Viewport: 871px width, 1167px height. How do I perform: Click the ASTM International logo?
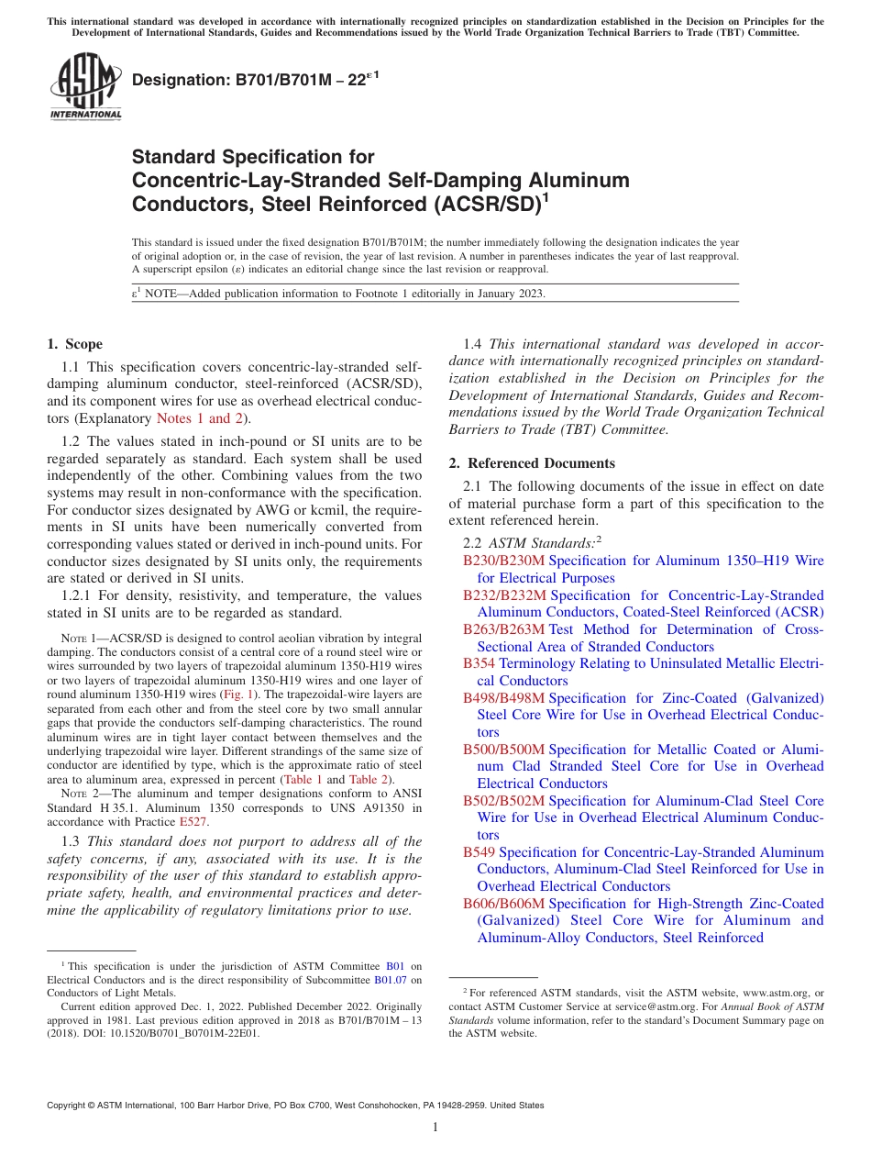coord(85,87)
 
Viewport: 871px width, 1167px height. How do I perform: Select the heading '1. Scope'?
coord(74,345)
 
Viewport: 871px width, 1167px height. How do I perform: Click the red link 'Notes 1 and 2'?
coord(199,418)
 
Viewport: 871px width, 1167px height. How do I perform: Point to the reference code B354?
coord(479,663)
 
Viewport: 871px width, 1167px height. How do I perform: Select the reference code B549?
coord(479,852)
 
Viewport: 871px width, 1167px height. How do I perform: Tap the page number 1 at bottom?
coord(435,1127)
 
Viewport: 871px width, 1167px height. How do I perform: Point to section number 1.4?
coord(472,344)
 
